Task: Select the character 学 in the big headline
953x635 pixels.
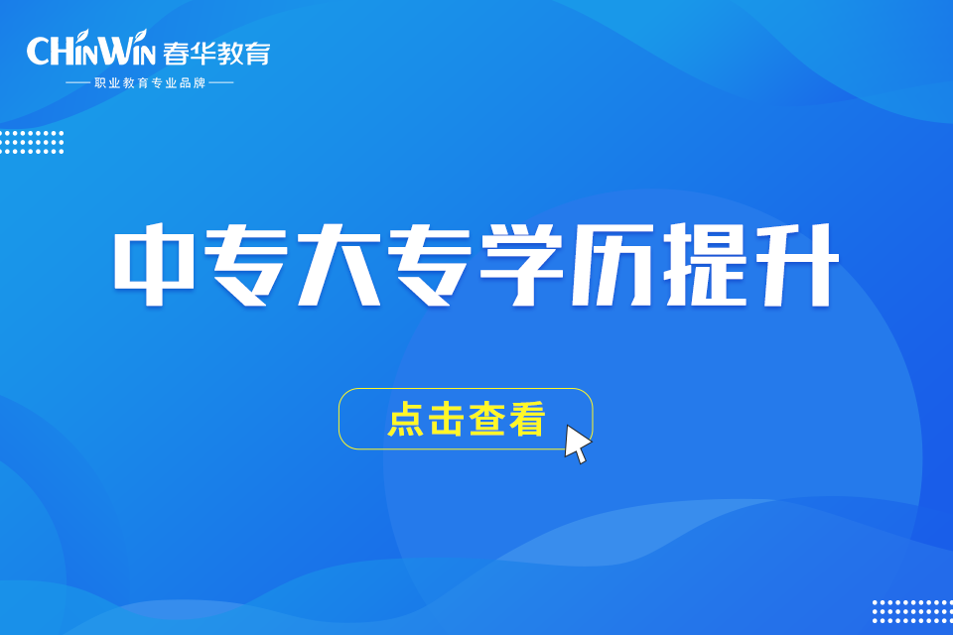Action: [521, 264]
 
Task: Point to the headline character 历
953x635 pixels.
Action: [613, 264]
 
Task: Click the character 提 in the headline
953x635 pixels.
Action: [705, 264]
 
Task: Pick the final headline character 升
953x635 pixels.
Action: [796, 264]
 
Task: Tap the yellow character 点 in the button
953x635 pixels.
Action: [405, 419]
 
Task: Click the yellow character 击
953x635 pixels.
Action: [446, 419]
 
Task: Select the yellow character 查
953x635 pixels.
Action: [486, 419]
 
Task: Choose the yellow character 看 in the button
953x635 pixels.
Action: [527, 419]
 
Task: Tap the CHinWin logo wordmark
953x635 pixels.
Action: [91, 49]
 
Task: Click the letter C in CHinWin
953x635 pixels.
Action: [39, 51]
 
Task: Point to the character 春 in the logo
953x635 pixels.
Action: [177, 54]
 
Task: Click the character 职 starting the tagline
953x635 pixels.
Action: [99, 82]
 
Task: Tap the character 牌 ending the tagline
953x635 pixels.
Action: [200, 82]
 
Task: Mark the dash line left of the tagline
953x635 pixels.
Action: [77, 82]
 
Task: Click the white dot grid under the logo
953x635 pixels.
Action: [32, 142]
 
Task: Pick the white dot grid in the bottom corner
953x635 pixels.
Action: [912, 611]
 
